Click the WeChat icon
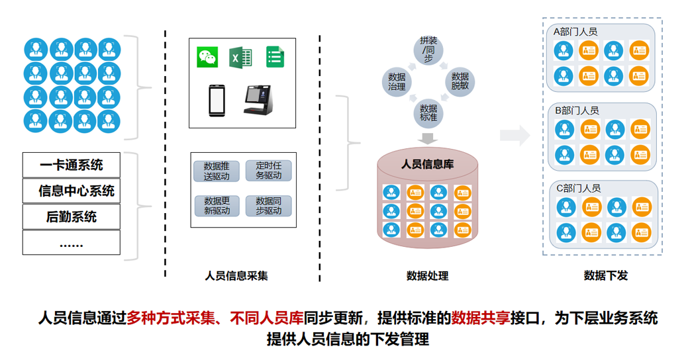[x=207, y=57]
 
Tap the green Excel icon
[x=240, y=57]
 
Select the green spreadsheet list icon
[x=275, y=57]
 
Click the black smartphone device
[x=217, y=100]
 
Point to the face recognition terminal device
[x=258, y=100]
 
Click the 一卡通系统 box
[x=72, y=165]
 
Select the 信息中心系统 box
[x=72, y=191]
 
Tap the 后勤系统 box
[x=72, y=216]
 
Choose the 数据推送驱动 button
[x=217, y=170]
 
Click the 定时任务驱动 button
[x=268, y=170]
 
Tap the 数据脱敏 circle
[x=460, y=81]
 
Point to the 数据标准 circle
[x=428, y=113]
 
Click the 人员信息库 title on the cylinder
[x=428, y=164]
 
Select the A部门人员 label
[x=575, y=31]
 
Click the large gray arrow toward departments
[x=515, y=136]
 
